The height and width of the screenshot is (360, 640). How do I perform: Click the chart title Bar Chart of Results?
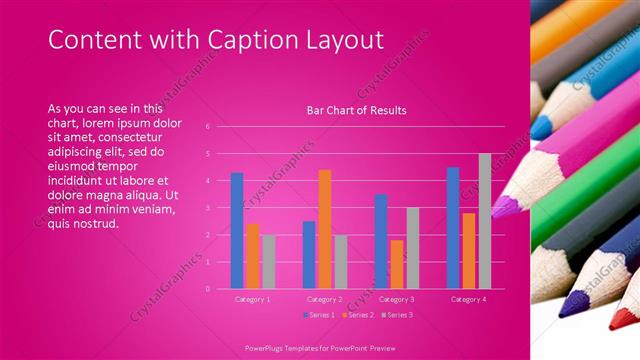(356, 110)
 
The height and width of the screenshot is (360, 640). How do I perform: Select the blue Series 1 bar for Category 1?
(237, 230)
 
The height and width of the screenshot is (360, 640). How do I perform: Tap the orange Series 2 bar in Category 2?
(325, 229)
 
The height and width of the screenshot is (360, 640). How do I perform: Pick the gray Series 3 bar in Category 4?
(485, 221)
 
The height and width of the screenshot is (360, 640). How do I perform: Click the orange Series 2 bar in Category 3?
(397, 264)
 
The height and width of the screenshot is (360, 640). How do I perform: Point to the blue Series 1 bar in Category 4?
(453, 227)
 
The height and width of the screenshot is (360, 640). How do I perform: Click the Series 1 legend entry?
(323, 315)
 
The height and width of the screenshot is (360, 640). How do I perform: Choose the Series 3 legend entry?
(399, 315)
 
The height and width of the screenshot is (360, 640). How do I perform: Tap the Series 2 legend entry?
(361, 315)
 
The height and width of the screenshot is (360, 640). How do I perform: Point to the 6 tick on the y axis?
(207, 127)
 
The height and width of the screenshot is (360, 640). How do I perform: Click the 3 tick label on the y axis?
(207, 208)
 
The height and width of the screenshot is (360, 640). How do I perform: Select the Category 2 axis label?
(325, 299)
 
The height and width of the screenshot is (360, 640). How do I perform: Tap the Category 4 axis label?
(469, 299)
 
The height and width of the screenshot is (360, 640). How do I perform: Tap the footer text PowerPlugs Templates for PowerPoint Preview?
(319, 349)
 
